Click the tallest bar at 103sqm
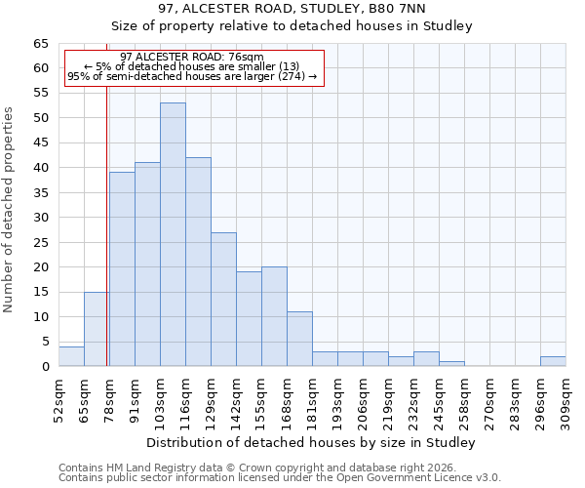[x=173, y=234]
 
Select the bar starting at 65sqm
[x=97, y=329]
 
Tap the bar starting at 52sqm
[x=71, y=356]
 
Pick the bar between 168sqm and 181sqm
[x=299, y=339]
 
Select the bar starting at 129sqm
[x=223, y=299]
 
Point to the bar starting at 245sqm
[x=451, y=364]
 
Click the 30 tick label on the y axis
[x=41, y=218]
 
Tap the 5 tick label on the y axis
[x=45, y=342]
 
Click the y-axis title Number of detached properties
[x=9, y=210]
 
